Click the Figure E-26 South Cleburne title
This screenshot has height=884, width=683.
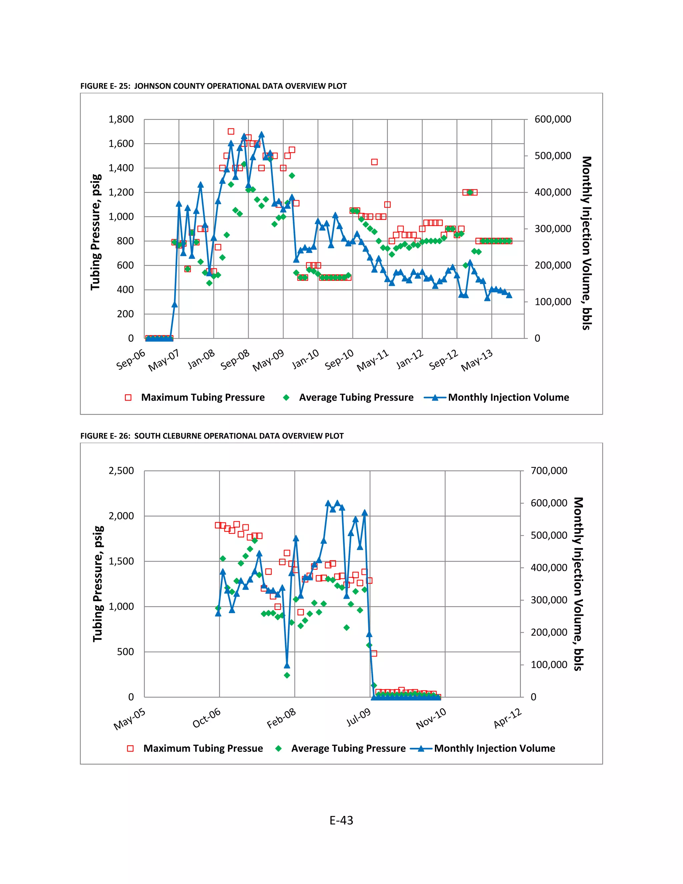pos(212,436)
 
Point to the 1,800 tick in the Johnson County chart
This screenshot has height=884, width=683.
pos(121,119)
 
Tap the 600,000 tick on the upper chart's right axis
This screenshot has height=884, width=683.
pos(553,119)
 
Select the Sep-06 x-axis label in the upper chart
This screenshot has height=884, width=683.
pos(131,359)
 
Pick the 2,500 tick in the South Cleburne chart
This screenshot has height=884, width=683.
pos(121,471)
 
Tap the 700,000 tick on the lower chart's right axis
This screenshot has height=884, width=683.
pos(549,471)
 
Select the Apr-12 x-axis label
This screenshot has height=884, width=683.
pos(508,719)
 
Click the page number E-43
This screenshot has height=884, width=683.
pos(341,821)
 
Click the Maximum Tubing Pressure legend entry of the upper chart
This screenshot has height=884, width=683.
pos(202,398)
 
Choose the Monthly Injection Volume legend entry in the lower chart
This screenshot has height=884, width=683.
pos(494,749)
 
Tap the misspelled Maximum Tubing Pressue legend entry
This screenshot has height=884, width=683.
pos(203,749)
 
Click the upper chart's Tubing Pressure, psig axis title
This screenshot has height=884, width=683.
pos(95,232)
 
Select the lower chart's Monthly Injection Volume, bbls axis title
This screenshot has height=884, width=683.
pos(579,584)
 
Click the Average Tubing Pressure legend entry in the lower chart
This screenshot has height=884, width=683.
pos(348,749)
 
